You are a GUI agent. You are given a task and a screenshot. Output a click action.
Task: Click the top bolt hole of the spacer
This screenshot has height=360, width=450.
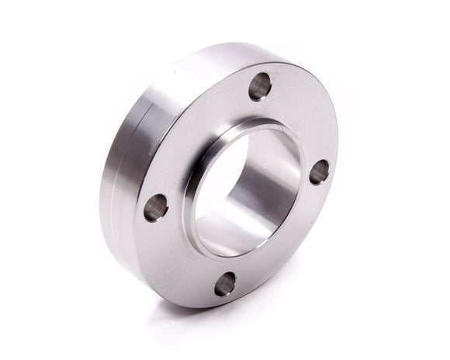(x=260, y=85)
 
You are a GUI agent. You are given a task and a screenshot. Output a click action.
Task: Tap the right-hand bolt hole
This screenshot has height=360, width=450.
(x=319, y=171)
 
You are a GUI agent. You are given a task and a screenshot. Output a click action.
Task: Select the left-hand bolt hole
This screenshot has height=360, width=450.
(x=156, y=207)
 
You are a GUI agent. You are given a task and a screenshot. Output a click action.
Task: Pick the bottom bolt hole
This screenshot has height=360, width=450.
(x=225, y=283)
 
